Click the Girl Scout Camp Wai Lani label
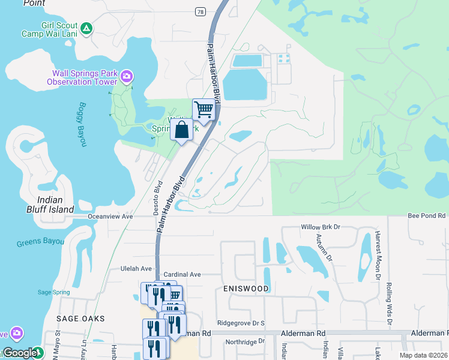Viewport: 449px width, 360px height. pos(56,30)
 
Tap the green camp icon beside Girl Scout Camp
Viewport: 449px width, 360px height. pos(87,28)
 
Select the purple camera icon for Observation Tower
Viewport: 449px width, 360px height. pos(127,76)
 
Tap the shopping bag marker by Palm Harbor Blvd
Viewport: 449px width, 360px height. pos(182,130)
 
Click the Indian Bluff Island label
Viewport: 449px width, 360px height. pos(55,205)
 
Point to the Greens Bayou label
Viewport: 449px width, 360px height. pos(40,241)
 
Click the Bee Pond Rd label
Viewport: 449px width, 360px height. pos(427,215)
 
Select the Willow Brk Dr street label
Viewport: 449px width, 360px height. pos(320,228)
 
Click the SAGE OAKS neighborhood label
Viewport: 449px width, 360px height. pos(80,319)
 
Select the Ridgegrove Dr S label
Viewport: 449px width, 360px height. pos(241,323)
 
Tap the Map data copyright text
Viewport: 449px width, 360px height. pos(423,355)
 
